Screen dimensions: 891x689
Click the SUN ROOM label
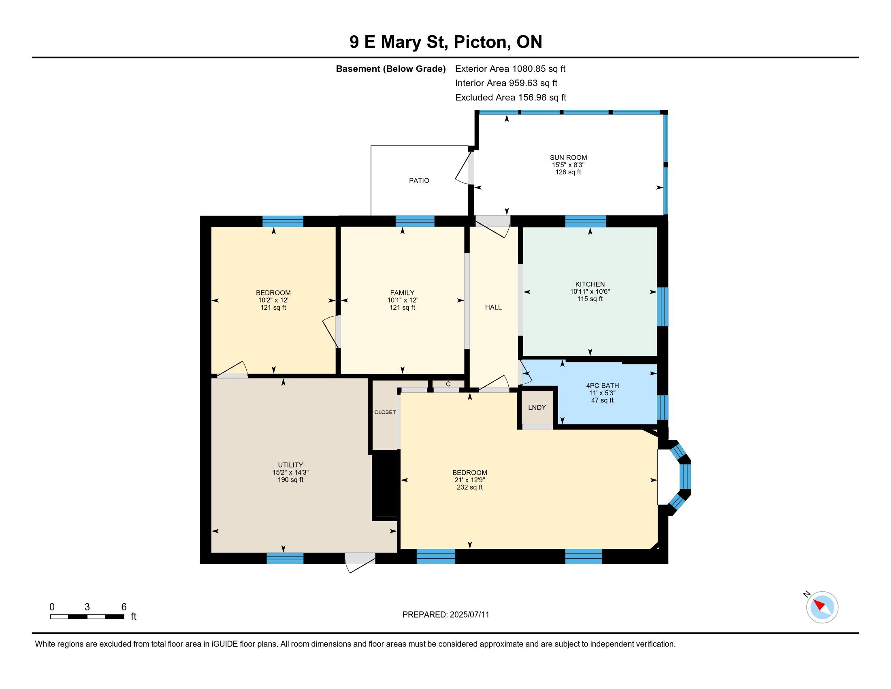[568, 158]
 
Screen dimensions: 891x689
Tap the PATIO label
[419, 180]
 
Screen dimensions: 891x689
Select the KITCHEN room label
[590, 284]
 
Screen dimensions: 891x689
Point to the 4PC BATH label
[602, 385]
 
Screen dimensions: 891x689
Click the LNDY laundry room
[537, 407]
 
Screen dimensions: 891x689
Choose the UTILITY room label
[290, 465]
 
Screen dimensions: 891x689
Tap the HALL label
[493, 307]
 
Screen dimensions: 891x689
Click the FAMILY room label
[402, 293]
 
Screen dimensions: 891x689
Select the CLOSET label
[385, 412]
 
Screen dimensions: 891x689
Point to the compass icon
[822, 607]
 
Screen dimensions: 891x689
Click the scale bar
[87, 617]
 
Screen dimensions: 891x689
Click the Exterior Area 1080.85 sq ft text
[510, 68]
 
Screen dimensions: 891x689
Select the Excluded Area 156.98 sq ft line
[511, 97]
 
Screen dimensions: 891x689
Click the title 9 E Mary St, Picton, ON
[446, 42]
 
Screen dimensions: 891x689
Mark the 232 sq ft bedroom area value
[469, 487]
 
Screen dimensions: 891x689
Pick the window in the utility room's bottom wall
[285, 558]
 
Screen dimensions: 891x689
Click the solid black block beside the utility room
[384, 485]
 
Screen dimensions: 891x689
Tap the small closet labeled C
[448, 384]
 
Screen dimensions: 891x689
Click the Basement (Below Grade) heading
[390, 68]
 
